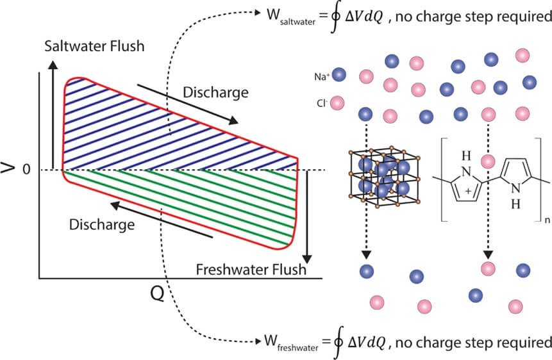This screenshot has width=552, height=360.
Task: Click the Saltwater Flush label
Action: [94, 47]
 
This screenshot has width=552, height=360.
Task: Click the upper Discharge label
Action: [215, 92]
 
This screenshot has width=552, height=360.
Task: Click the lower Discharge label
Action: [103, 225]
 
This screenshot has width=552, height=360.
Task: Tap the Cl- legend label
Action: [322, 102]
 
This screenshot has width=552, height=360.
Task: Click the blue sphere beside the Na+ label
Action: [340, 75]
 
